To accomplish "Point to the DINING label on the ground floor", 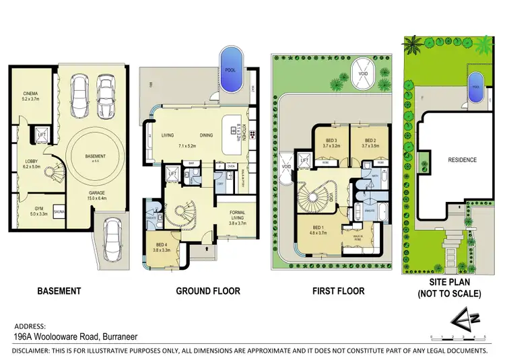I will click(206, 135).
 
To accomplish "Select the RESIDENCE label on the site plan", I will click(462, 160).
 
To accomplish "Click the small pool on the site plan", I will click(477, 88).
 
